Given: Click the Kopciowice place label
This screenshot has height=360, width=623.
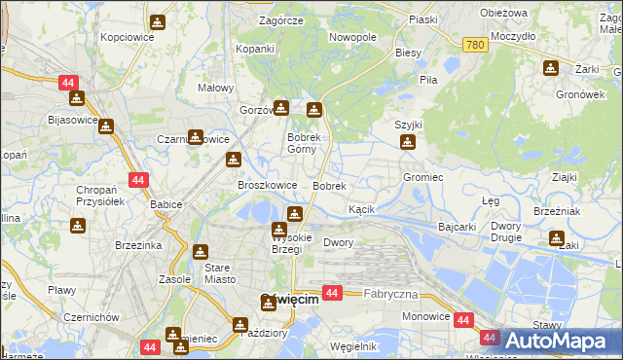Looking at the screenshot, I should pyautogui.click(x=126, y=36).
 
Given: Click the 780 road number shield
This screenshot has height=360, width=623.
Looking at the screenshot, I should pyautogui.click(x=474, y=46).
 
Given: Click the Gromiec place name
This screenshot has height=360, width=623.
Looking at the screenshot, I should pyautogui.click(x=423, y=178).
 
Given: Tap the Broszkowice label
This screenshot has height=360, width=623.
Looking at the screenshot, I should pyautogui.click(x=267, y=185).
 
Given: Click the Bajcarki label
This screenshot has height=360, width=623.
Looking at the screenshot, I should pyautogui.click(x=457, y=227).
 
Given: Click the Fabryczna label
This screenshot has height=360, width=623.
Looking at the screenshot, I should pyautogui.click(x=390, y=293).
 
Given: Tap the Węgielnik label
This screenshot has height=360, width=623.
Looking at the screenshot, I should pyautogui.click(x=353, y=346).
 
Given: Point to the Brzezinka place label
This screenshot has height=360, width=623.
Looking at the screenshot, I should pyautogui.click(x=136, y=246).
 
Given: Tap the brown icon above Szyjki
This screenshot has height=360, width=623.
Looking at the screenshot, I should pyautogui.click(x=408, y=143).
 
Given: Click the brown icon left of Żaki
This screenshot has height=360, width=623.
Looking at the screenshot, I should pyautogui.click(x=556, y=238).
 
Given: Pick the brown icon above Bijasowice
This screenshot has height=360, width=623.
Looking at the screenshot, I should pyautogui.click(x=76, y=98).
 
